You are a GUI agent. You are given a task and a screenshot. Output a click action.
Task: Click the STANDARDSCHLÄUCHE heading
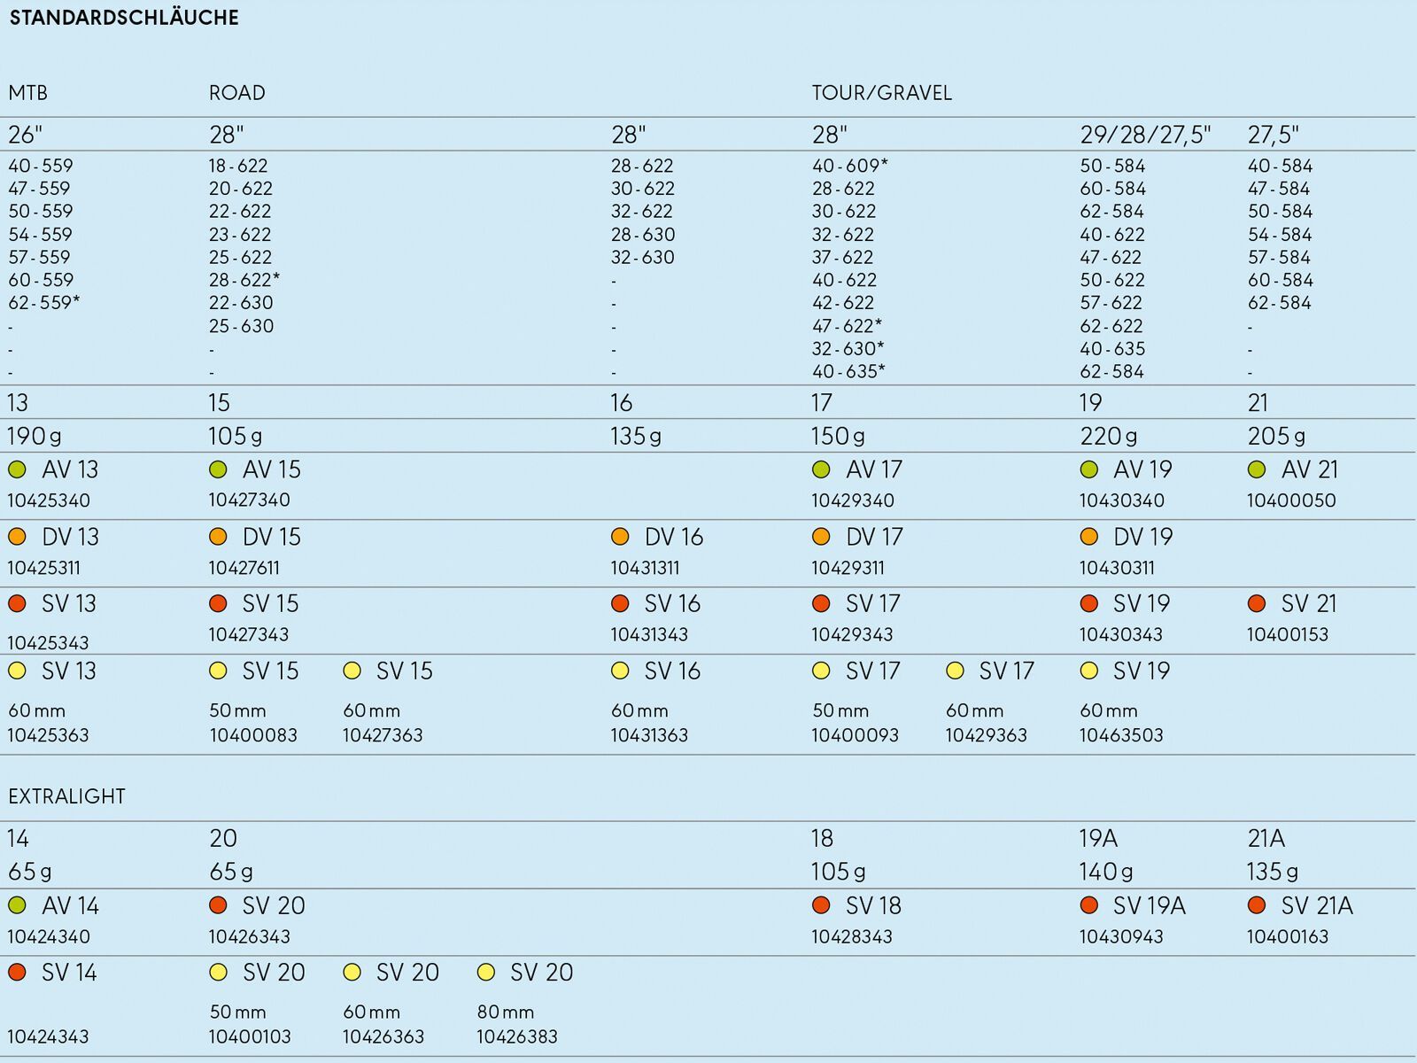[x=124, y=18]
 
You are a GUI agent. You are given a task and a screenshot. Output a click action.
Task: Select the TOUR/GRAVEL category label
[x=881, y=93]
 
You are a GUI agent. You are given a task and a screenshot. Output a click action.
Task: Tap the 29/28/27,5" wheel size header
[x=1145, y=135]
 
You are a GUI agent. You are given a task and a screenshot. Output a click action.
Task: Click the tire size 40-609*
[x=849, y=166]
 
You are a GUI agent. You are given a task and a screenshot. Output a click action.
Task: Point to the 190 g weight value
[x=35, y=437]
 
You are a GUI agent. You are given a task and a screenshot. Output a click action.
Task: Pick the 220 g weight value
[x=1109, y=437]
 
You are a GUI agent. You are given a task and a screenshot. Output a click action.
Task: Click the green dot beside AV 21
[x=1256, y=469]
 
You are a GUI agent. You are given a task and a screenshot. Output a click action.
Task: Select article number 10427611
[x=244, y=568]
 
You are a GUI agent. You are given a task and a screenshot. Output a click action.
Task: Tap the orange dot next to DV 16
[x=620, y=536]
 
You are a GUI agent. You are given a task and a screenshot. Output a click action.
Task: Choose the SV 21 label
[x=1309, y=603]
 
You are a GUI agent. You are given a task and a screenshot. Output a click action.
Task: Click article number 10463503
[x=1121, y=735]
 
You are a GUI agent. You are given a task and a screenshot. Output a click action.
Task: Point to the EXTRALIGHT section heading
[x=66, y=796]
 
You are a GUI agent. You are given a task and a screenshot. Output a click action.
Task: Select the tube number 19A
[x=1098, y=838]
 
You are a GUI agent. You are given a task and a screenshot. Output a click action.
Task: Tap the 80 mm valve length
[x=506, y=1012]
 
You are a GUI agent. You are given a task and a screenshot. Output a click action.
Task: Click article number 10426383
[x=517, y=1037]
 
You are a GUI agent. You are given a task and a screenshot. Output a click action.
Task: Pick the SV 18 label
[x=873, y=905]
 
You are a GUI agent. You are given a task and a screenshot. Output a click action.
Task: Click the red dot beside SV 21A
[x=1256, y=905]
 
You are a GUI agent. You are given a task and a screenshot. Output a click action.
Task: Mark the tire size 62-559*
[x=44, y=303]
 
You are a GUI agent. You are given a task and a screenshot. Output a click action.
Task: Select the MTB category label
[x=27, y=93]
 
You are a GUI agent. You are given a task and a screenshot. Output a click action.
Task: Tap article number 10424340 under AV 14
[x=49, y=936]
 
